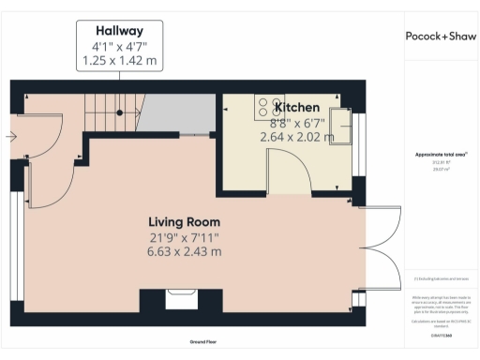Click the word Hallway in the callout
(x=118, y=29)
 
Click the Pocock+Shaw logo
(x=441, y=36)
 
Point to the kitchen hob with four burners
(x=265, y=107)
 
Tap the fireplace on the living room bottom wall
(x=179, y=300)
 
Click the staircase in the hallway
(x=112, y=112)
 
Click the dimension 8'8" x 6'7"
(x=293, y=122)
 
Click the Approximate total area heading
(x=441, y=154)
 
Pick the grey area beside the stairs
(x=178, y=114)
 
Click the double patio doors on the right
(x=373, y=248)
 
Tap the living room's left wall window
(x=16, y=240)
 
